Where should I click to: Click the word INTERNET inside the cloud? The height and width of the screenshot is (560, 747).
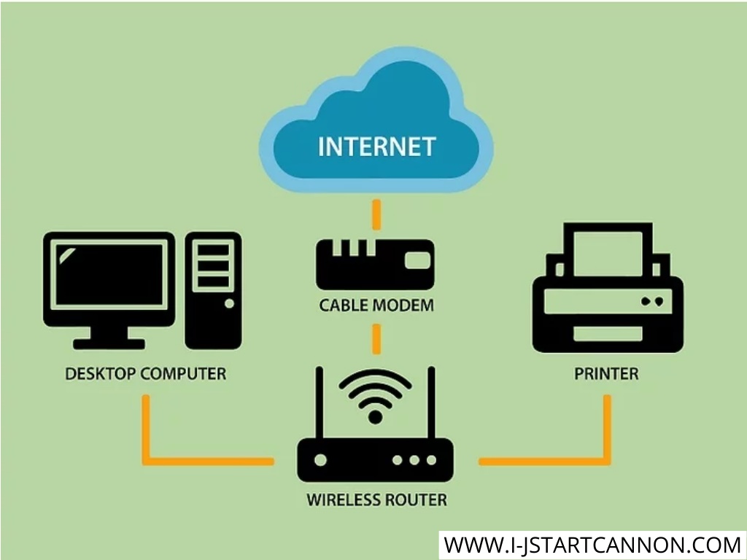coord(376,146)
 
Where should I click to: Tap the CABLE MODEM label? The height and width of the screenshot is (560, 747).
coord(376,306)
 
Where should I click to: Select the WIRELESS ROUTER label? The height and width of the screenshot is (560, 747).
coord(376,500)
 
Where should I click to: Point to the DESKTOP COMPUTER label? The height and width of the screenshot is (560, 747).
coord(145,374)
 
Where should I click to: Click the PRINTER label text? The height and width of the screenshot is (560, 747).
coord(606,374)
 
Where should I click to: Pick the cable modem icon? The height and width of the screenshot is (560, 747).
coord(376,265)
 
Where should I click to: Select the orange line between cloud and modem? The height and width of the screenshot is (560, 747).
coord(376,214)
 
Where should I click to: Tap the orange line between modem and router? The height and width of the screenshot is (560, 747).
coord(376,339)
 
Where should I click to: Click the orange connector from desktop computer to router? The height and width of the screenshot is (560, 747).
coord(146,461)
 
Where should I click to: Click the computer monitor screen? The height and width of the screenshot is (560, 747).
coord(109,275)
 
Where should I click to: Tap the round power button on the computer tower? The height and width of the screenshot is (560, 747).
coord(229,303)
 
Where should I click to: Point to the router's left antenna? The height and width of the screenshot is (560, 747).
coord(320,402)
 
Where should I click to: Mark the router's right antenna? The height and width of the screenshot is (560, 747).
coord(431,402)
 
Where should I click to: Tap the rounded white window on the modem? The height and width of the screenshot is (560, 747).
coord(418,260)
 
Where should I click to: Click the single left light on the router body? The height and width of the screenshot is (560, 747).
coord(321,460)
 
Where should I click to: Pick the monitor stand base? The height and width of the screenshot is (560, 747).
coord(109,344)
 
